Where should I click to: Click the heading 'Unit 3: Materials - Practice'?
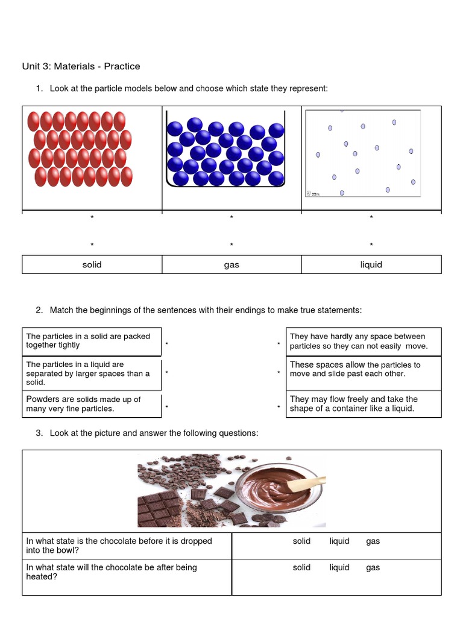[81, 66]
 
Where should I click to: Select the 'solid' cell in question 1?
[92, 264]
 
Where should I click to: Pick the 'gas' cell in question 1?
[231, 264]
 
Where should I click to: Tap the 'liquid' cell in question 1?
[371, 264]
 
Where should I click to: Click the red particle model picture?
[80, 149]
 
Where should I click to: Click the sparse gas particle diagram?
[363, 153]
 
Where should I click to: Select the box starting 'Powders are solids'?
[92, 404]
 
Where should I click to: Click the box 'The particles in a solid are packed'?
[92, 341]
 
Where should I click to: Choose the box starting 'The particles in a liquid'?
[92, 373]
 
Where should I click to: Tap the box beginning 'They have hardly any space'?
[364, 341]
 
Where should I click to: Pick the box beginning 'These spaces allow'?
[364, 369]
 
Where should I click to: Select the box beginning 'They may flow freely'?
[364, 404]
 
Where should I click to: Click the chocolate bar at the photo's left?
[159, 508]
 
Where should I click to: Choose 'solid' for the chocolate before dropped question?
[301, 541]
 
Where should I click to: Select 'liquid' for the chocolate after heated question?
[339, 568]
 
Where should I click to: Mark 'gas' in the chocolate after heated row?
[373, 568]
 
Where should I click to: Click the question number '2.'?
[39, 310]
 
